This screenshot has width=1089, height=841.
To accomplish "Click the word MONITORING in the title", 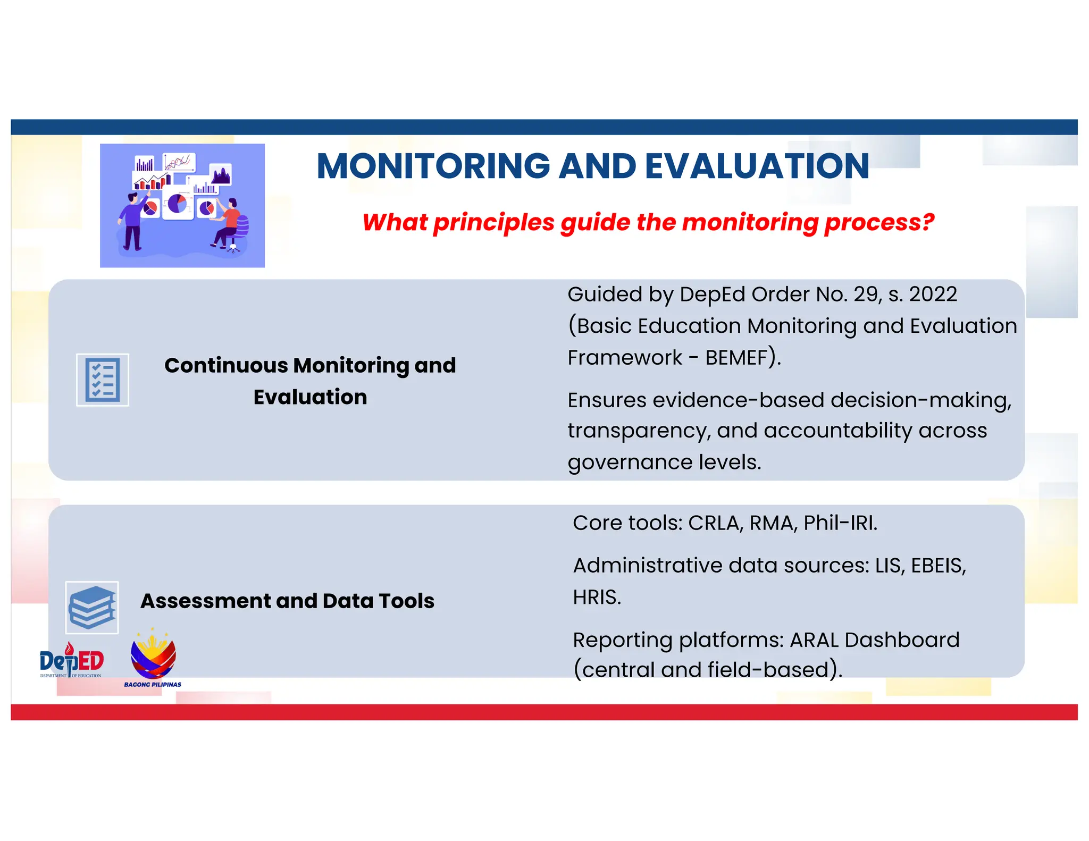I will tap(433, 166).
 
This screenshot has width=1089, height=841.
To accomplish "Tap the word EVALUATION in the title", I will tap(757, 166).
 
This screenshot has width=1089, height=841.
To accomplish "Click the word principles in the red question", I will tap(493, 222).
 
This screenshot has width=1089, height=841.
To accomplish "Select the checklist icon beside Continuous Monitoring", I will tap(103, 380).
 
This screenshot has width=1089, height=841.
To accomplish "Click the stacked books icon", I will tap(92, 607).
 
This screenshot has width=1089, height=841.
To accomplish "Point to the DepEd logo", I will tap(71, 661).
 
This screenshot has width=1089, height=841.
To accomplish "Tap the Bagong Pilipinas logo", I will tap(153, 659).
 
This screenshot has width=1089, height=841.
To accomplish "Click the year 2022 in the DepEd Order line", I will tap(933, 294).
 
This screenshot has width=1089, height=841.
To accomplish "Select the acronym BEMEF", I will tap(736, 358).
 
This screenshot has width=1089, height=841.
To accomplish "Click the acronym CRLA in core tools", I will tap(714, 523).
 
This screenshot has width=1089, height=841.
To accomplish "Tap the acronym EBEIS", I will tap(938, 565).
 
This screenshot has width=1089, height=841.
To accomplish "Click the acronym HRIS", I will tap(596, 597).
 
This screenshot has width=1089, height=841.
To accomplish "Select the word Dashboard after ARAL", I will tap(902, 640).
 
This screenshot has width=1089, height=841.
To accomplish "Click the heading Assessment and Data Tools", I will tap(287, 601).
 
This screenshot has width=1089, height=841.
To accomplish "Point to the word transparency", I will tap(638, 431).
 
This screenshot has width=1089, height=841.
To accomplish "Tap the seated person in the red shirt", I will tap(229, 223).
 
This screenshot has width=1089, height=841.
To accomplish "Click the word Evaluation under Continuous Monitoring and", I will tap(310, 397).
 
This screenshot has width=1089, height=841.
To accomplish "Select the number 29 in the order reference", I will tap(867, 294).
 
